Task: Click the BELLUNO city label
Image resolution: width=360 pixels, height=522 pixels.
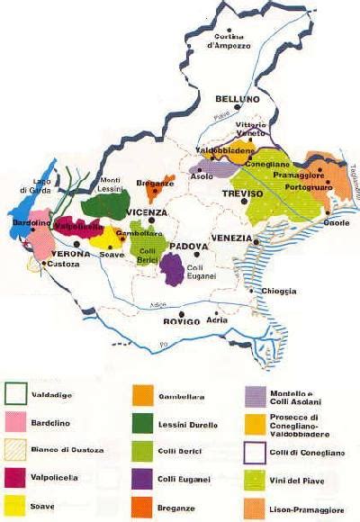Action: click(x=237, y=99)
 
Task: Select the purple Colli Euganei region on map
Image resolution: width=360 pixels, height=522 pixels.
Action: click(x=172, y=266)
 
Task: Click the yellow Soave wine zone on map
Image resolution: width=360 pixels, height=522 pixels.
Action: click(x=112, y=237)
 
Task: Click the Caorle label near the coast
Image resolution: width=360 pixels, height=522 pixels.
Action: click(x=337, y=221)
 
